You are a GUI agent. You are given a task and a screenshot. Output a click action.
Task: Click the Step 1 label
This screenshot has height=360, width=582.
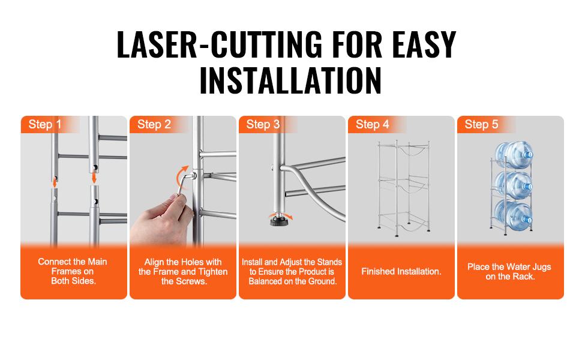(x=44, y=124)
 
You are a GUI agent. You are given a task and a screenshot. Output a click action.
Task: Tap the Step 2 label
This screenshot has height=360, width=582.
(x=154, y=124)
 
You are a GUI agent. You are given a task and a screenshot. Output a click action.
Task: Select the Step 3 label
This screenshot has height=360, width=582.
(x=263, y=124)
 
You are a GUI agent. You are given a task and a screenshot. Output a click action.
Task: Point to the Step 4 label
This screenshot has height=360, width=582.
(x=372, y=124)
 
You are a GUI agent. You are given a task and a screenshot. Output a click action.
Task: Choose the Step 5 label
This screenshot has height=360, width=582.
(x=481, y=124)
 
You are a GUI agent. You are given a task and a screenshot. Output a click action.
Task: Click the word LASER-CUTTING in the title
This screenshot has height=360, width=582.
(x=220, y=45)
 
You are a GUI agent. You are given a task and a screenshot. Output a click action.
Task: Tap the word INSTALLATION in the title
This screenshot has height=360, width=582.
(x=290, y=80)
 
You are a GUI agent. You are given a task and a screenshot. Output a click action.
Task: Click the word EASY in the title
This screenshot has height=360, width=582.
(x=424, y=45)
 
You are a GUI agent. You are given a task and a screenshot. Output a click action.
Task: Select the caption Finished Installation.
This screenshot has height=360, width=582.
(x=401, y=272)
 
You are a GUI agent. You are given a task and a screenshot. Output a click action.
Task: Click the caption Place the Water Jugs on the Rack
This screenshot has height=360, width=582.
(x=509, y=272)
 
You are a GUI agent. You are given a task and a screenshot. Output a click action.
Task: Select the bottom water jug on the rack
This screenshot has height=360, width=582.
(x=514, y=215)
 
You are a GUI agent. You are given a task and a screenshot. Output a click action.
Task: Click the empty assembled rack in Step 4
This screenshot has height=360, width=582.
(x=404, y=188)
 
